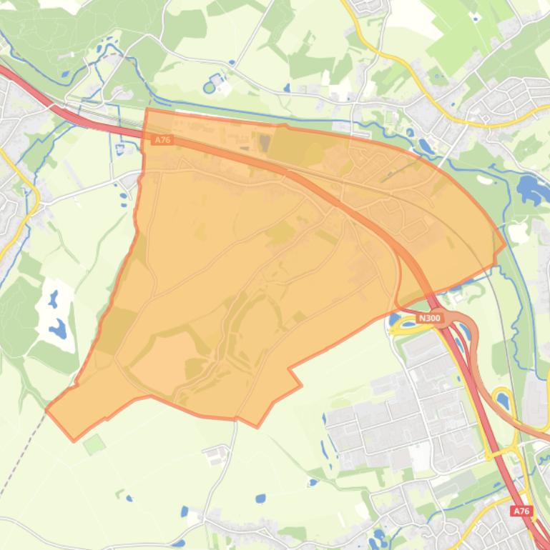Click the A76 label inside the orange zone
tap(163, 140)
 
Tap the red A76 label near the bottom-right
tap(521, 511)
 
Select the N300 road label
tap(429, 319)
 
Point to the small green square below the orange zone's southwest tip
tap(94, 444)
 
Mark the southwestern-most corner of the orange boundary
tap(73, 440)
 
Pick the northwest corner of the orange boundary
tap(147, 109)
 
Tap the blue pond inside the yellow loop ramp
tap(502, 401)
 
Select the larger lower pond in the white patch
tap(58, 329)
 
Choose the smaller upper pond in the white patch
tap(53, 299)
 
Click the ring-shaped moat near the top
tap(209, 87)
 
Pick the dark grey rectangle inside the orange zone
tap(265, 142)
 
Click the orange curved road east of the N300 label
tap(476, 357)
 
